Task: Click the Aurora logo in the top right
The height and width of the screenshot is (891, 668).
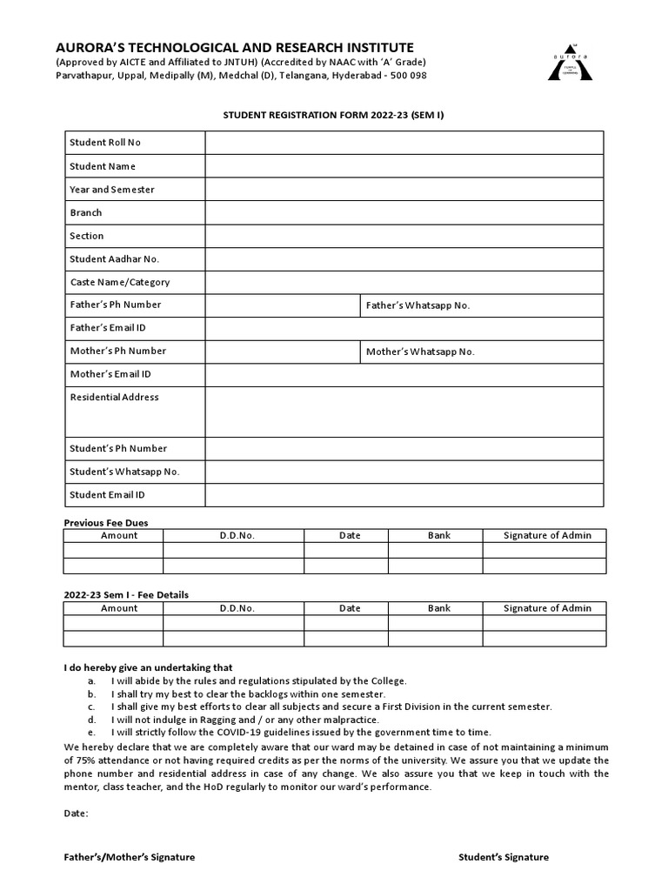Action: pyautogui.click(x=569, y=62)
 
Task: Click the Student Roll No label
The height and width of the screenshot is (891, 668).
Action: pyautogui.click(x=105, y=143)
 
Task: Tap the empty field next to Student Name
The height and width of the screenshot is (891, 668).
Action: pyautogui.click(x=404, y=166)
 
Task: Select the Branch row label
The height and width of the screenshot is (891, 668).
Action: pyautogui.click(x=86, y=212)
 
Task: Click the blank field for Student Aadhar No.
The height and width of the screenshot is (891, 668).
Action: pyautogui.click(x=404, y=259)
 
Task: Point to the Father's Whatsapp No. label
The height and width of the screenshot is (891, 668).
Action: pyautogui.click(x=417, y=305)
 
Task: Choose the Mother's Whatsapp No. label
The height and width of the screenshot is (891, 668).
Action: pyautogui.click(x=420, y=352)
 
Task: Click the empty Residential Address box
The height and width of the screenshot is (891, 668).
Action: pyautogui.click(x=404, y=412)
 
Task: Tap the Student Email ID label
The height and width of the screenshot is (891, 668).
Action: pyautogui.click(x=107, y=495)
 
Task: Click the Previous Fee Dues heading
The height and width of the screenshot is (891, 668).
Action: pyautogui.click(x=106, y=523)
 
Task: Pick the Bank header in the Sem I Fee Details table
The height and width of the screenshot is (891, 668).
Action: pyautogui.click(x=439, y=608)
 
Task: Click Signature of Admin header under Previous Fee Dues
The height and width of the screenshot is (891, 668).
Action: pyautogui.click(x=547, y=536)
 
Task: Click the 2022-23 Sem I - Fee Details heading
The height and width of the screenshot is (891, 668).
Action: pyautogui.click(x=126, y=595)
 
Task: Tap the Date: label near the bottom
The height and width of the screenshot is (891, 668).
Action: pyautogui.click(x=77, y=814)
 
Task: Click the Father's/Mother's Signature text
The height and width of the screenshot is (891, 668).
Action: pyautogui.click(x=130, y=857)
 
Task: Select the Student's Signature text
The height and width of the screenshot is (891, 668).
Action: pyautogui.click(x=504, y=857)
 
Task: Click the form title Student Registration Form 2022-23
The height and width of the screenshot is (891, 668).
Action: pyautogui.click(x=334, y=115)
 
